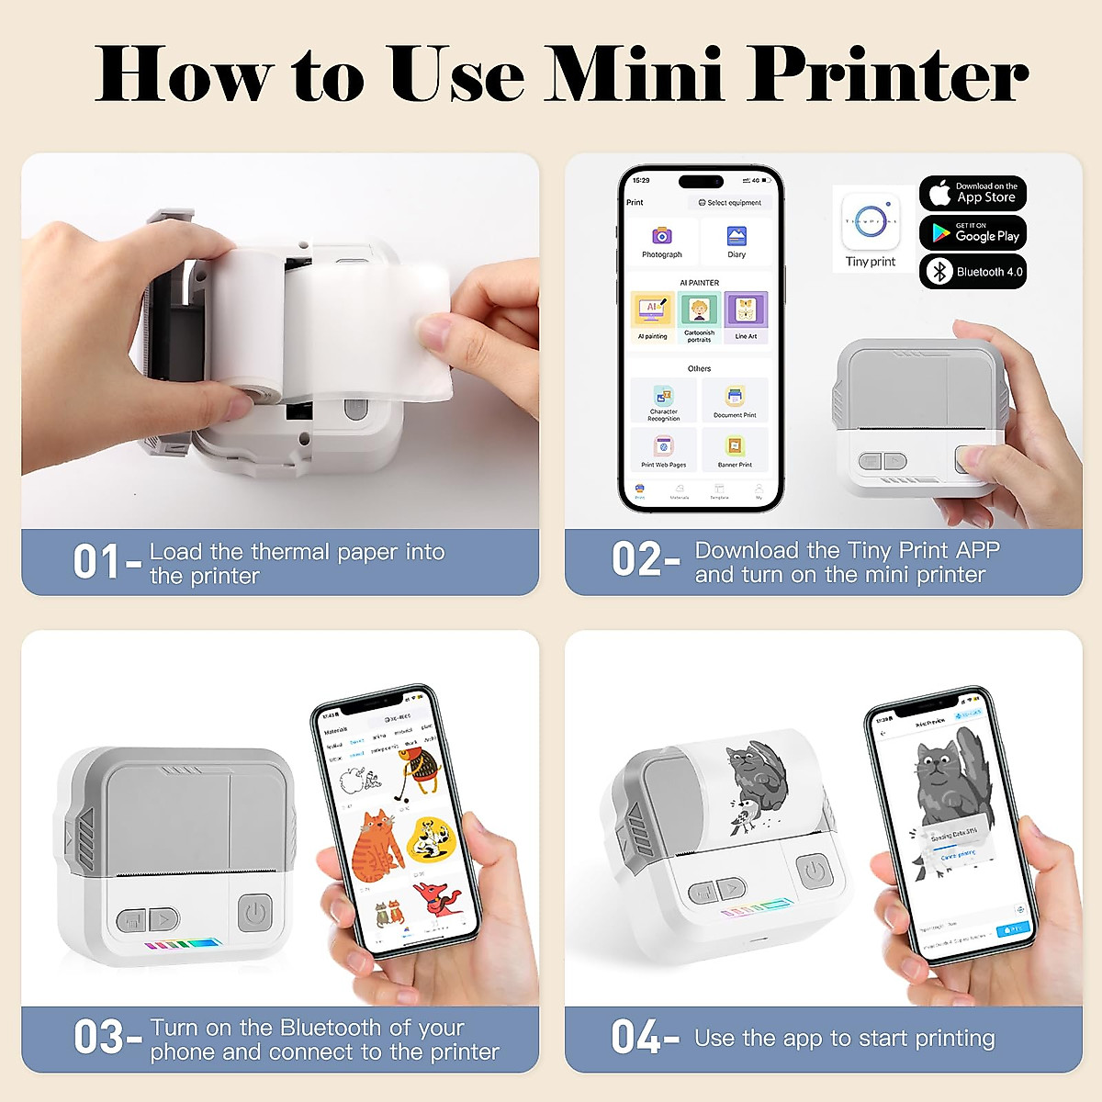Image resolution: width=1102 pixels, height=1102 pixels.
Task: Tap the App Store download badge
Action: (973, 193)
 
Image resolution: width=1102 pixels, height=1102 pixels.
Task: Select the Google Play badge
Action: (973, 233)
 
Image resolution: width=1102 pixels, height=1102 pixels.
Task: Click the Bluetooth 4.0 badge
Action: (973, 272)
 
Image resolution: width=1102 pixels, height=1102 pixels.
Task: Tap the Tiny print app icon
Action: (870, 221)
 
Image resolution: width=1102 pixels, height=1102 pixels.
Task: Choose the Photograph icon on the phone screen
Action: (661, 237)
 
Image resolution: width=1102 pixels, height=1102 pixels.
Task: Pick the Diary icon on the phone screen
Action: (737, 237)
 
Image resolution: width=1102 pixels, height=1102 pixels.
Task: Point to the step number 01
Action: (96, 562)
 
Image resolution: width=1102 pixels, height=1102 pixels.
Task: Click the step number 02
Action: (636, 560)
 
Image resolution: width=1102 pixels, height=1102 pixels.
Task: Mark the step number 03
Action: (98, 1038)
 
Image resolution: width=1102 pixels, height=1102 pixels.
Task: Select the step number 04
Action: (636, 1038)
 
